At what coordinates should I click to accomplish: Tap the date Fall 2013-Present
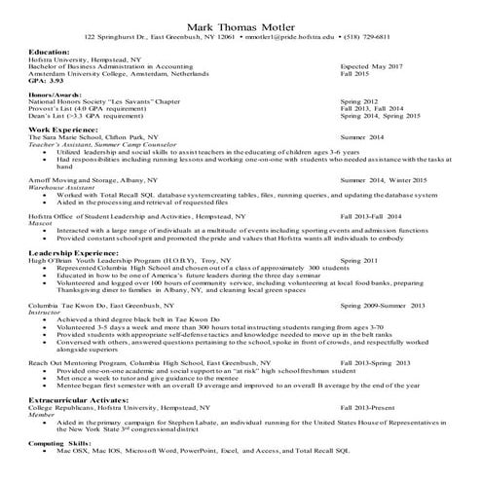[x=368, y=406]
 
